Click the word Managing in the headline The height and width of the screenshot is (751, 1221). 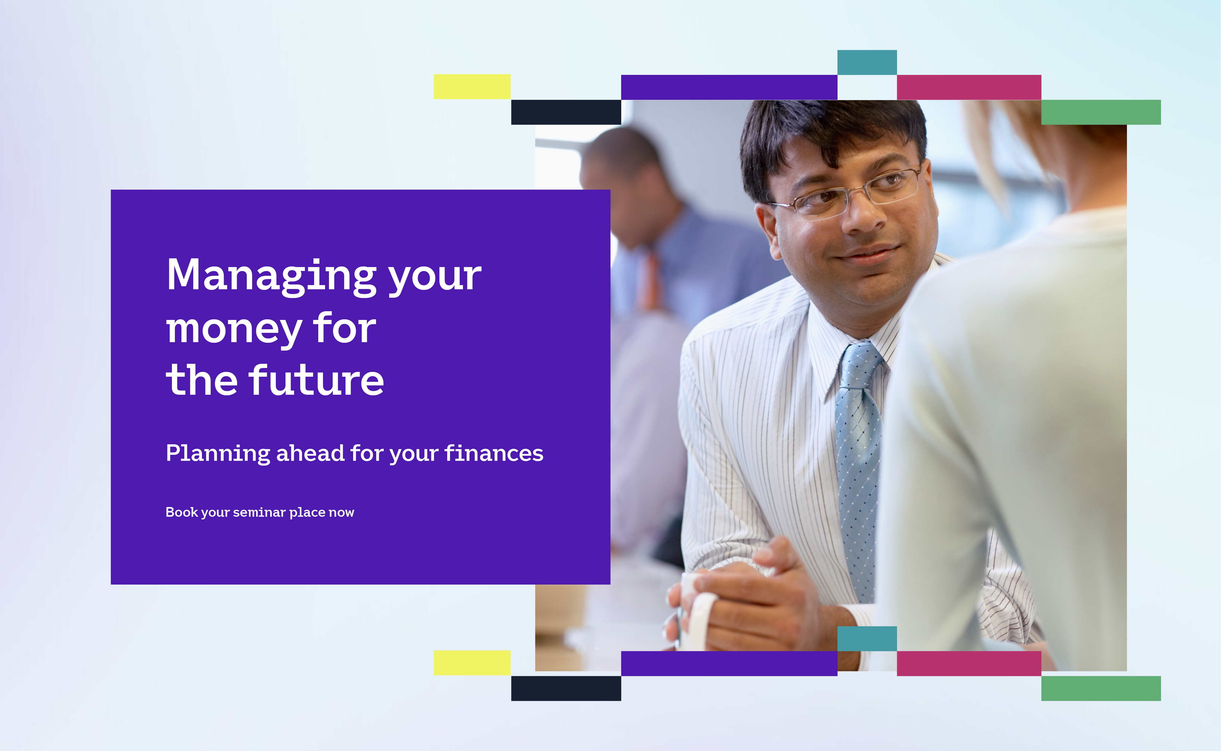click(x=271, y=276)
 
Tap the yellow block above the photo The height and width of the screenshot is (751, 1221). click(x=472, y=87)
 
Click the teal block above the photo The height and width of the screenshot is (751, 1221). click(x=867, y=62)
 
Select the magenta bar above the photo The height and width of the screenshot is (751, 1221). click(x=969, y=87)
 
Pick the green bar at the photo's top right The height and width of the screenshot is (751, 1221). click(x=1101, y=112)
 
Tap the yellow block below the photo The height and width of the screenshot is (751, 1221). click(x=472, y=663)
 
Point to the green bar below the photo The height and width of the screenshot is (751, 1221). click(x=1101, y=689)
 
